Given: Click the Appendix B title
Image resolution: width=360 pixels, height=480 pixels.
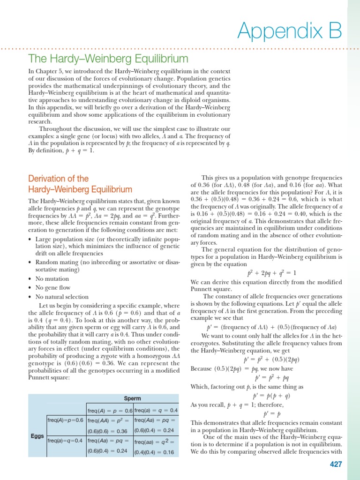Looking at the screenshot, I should (289, 30).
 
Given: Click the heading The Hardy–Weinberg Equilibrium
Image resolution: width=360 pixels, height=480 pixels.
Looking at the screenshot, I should (108, 59).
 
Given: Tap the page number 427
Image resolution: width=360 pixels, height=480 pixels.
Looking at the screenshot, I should (336, 464).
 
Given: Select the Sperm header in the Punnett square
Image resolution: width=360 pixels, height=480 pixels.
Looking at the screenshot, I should (133, 398).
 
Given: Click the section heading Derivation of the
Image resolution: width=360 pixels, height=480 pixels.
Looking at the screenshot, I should (58, 179).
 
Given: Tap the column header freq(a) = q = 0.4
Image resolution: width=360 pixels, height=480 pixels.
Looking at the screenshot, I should (156, 410).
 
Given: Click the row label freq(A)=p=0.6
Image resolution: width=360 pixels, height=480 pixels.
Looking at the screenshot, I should (65, 420).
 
